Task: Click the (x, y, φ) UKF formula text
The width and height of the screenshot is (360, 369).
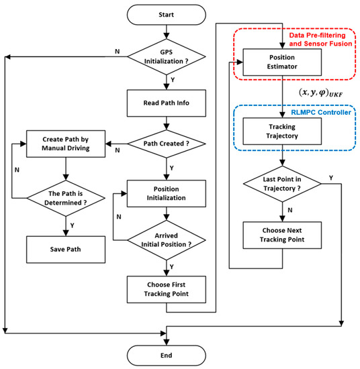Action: [310, 91]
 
